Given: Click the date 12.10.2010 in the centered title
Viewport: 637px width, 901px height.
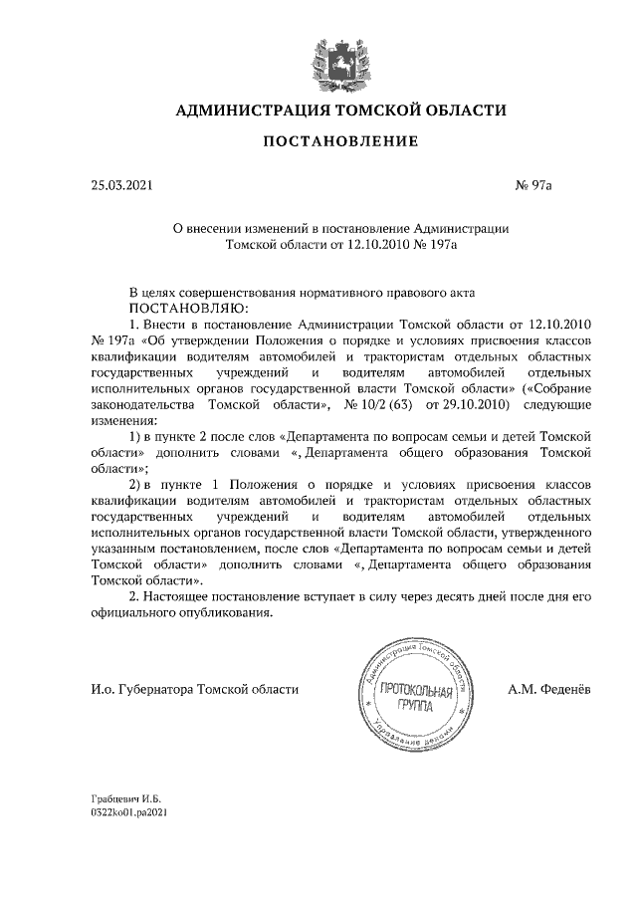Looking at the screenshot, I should point(373,241).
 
